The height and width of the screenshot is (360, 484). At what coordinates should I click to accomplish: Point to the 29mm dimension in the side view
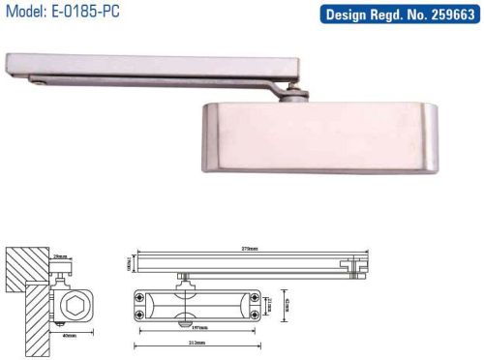click(60, 256)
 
